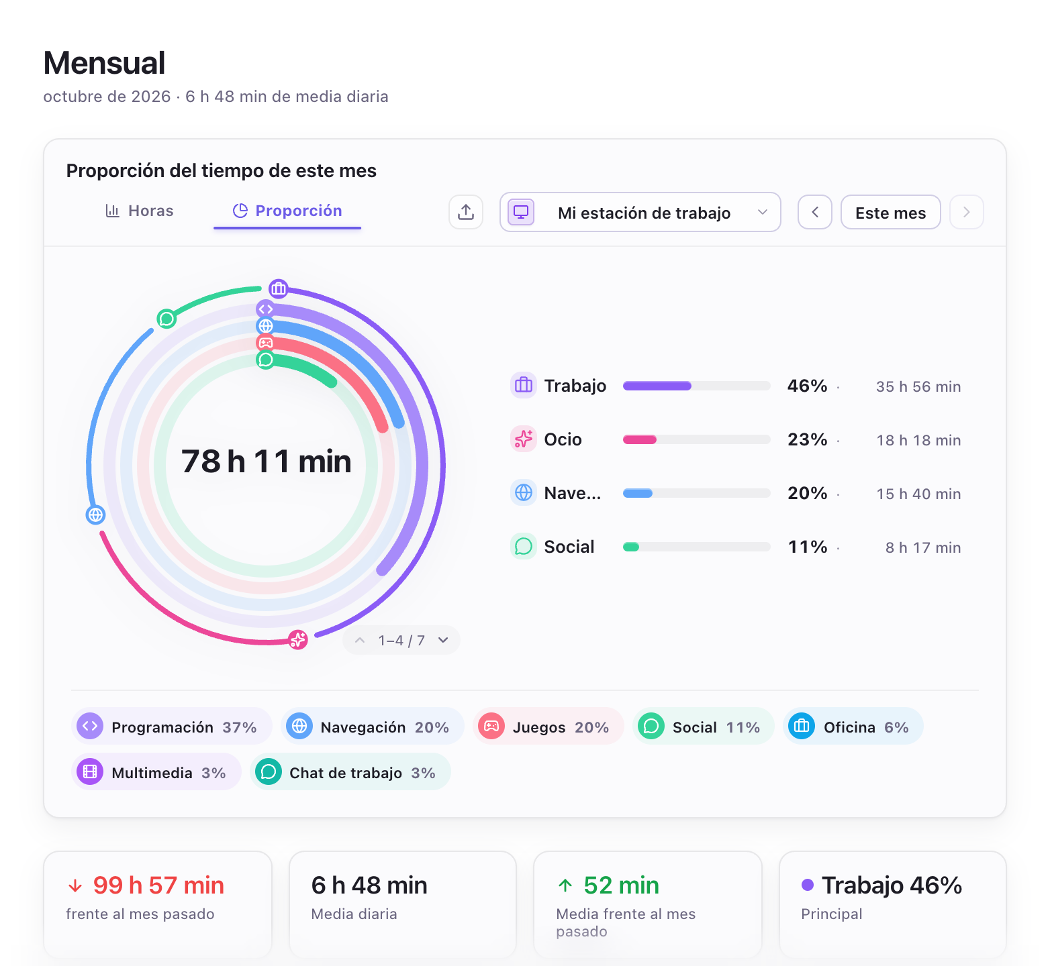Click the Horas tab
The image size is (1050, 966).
pyautogui.click(x=140, y=211)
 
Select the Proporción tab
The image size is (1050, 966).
pyautogui.click(x=287, y=211)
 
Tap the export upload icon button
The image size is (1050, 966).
pyautogui.click(x=466, y=212)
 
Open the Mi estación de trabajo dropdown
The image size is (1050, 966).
pyautogui.click(x=640, y=212)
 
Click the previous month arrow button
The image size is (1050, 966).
pyautogui.click(x=815, y=212)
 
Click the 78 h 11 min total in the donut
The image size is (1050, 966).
pyautogui.click(x=267, y=462)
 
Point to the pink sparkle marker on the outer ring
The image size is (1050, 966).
pyautogui.click(x=298, y=640)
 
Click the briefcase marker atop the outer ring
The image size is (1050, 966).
pyautogui.click(x=279, y=289)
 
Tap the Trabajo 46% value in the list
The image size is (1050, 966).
pyautogui.click(x=808, y=386)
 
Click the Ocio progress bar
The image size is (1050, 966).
pyautogui.click(x=697, y=439)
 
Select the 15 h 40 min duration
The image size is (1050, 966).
pyautogui.click(x=918, y=494)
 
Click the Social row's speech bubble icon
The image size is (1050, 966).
pyautogui.click(x=524, y=547)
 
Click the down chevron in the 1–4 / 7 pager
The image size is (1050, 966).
pyautogui.click(x=443, y=640)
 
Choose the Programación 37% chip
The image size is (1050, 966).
pyautogui.click(x=172, y=726)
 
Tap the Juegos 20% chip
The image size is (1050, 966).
pyautogui.click(x=548, y=726)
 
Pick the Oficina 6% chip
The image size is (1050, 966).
pyautogui.click(x=853, y=726)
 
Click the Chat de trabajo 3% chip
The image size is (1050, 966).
pyautogui.click(x=350, y=771)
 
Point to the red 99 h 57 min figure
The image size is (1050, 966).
pyautogui.click(x=158, y=885)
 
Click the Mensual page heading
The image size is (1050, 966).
pyautogui.click(x=104, y=63)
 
